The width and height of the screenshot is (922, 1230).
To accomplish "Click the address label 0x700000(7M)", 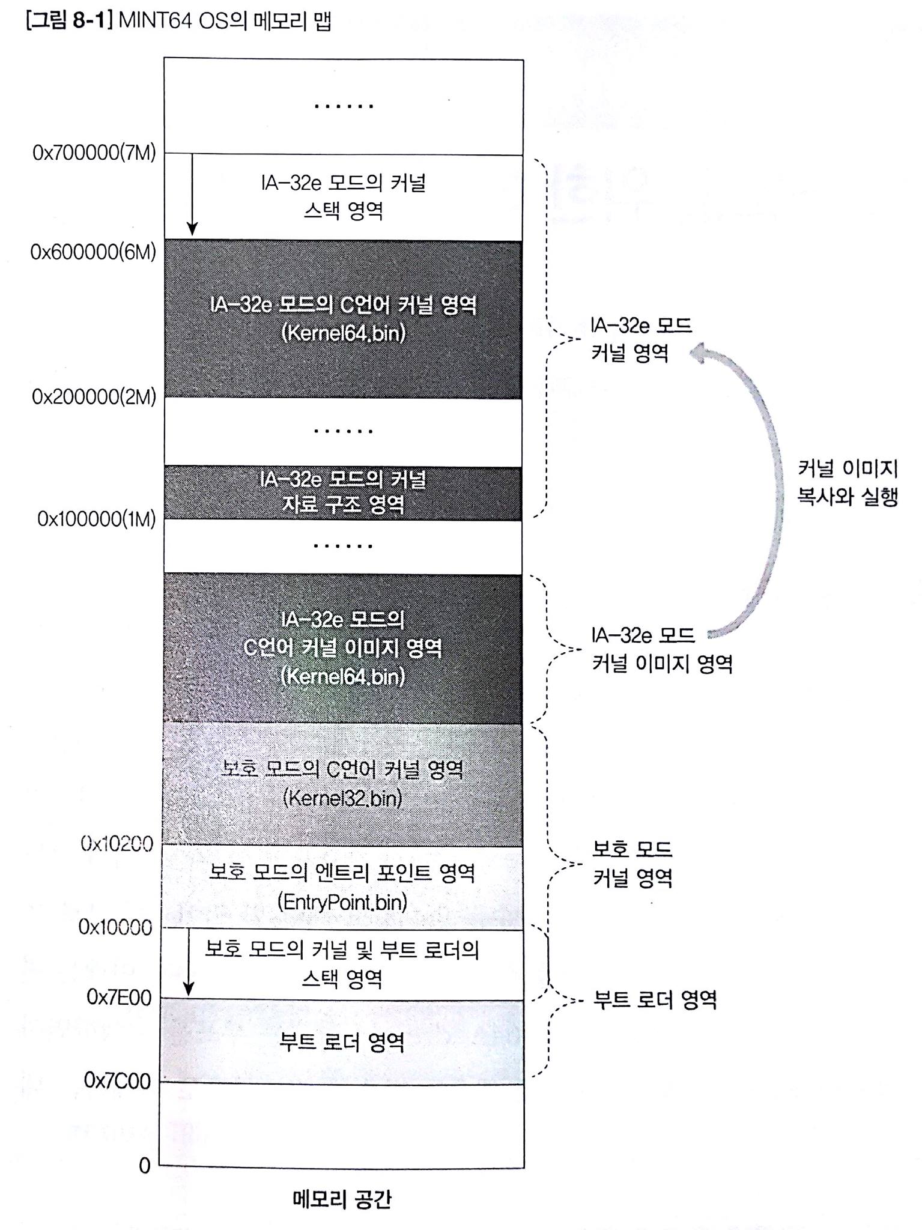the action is (94, 153).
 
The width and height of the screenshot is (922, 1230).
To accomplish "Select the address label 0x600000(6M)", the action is (93, 252).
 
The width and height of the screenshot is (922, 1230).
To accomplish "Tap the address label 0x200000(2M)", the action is (94, 397).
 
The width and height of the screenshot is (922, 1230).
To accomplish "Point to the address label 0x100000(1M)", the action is (97, 518).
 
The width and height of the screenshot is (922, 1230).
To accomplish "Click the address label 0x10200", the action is (117, 844).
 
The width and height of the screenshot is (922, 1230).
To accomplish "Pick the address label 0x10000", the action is (115, 927).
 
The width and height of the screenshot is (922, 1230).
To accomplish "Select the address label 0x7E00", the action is (119, 998).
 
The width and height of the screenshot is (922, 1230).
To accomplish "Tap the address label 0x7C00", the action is (118, 1080).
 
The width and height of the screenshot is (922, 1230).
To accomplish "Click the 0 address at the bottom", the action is (145, 1165).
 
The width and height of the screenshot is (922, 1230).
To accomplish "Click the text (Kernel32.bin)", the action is (342, 798).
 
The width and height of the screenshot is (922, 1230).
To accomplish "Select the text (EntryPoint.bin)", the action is (342, 902).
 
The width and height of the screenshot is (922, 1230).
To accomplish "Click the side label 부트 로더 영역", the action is (655, 1000).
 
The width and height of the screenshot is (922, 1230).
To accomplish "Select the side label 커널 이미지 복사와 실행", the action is (847, 482).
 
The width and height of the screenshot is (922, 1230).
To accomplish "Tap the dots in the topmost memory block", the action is (344, 106).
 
